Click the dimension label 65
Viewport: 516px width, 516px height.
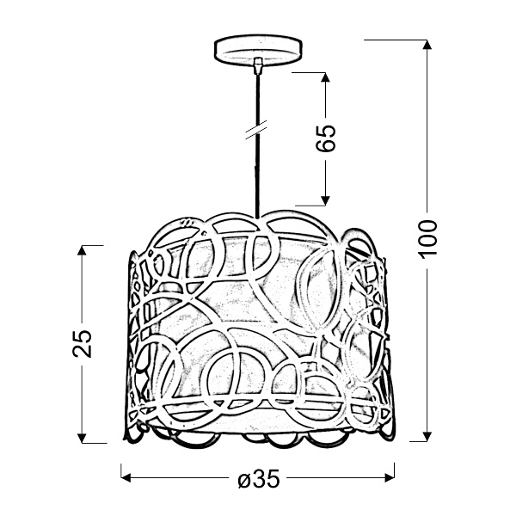pyautogui.click(x=325, y=138)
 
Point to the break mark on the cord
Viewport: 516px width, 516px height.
pyautogui.click(x=255, y=131)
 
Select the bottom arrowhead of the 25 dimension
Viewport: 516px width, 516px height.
pyautogui.click(x=83, y=435)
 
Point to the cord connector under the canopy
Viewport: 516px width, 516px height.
pyautogui.click(x=257, y=64)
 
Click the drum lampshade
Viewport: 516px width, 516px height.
pyautogui.click(x=258, y=327)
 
